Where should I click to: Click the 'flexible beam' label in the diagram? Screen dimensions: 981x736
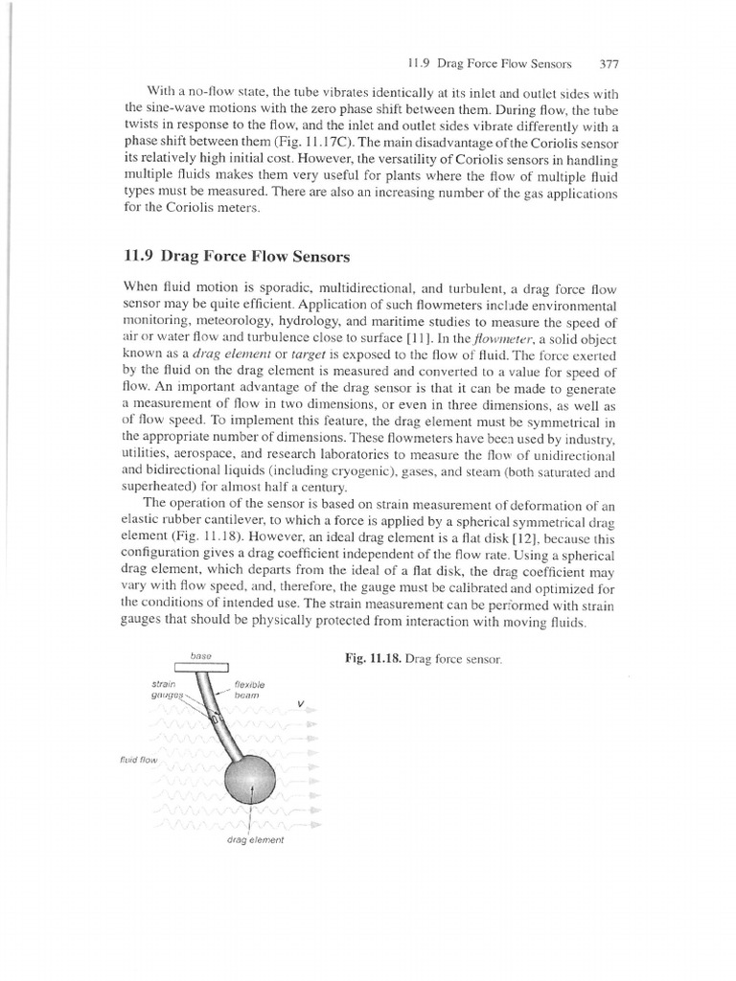[x=250, y=690]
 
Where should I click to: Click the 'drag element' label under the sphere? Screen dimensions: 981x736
[x=255, y=839]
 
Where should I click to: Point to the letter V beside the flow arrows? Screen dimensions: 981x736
[x=301, y=704]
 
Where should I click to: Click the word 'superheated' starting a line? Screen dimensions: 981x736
[x=157, y=489]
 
